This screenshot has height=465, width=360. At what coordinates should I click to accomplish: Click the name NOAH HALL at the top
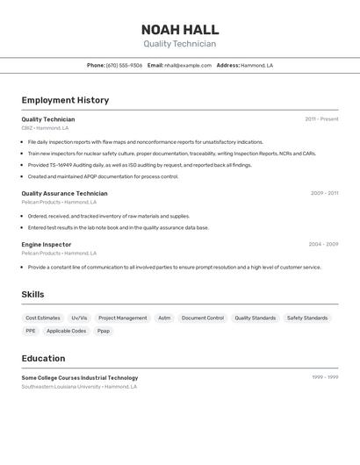(x=180, y=30)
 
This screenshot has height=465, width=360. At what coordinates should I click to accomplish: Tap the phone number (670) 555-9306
(x=124, y=65)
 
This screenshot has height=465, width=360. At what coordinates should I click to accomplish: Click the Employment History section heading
(x=65, y=100)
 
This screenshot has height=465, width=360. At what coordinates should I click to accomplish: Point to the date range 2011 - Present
(x=321, y=119)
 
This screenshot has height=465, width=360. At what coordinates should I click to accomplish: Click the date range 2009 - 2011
(x=324, y=193)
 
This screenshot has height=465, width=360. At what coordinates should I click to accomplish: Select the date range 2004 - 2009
(x=323, y=244)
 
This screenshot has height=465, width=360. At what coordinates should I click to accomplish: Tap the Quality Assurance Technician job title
(x=64, y=193)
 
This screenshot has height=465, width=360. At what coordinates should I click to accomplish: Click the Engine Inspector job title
(x=47, y=244)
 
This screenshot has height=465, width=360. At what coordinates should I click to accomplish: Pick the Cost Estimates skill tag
(x=43, y=318)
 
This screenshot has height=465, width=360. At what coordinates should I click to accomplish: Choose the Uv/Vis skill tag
(x=80, y=318)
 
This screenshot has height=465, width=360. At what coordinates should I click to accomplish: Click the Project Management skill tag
(x=123, y=318)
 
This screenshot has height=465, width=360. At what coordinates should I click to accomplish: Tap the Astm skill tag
(x=164, y=318)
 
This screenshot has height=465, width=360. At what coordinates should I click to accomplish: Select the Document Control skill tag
(x=203, y=318)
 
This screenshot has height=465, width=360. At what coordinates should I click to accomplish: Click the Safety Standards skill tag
(x=307, y=318)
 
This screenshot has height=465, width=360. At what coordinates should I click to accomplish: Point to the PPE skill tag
(x=31, y=331)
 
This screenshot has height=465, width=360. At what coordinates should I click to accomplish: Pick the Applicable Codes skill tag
(x=67, y=331)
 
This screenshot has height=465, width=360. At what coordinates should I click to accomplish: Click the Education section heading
(x=43, y=358)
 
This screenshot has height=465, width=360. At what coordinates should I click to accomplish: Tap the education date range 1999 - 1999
(x=325, y=377)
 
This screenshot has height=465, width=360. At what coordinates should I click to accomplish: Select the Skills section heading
(x=32, y=295)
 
